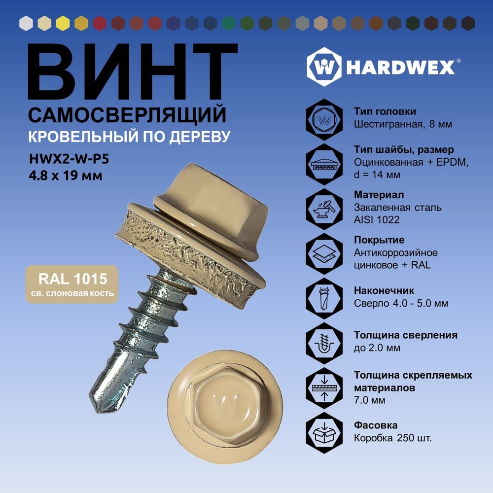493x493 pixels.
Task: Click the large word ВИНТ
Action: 132,72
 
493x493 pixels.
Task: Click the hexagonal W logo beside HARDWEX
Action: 324,67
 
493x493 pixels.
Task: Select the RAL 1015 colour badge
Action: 72,284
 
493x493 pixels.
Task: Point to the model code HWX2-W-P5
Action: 69,159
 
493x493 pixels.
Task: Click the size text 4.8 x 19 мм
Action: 66,176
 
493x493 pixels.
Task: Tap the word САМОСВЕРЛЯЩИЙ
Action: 127,115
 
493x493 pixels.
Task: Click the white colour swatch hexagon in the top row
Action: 26,23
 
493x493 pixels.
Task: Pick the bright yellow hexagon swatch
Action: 63,23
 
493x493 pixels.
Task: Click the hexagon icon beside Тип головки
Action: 324,120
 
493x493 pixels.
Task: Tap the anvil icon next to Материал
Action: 324,209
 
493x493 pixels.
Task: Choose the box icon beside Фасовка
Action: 324,433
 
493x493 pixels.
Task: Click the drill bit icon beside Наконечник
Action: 324,299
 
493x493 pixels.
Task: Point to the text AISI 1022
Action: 377,220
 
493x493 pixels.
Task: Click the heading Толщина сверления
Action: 406,335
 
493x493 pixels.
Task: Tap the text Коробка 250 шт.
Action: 393,438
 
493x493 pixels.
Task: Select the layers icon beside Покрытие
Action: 324,254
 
